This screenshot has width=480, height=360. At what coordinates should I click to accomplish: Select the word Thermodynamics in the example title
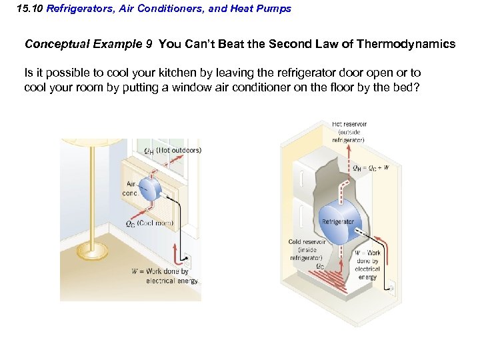pyautogui.click(x=406, y=45)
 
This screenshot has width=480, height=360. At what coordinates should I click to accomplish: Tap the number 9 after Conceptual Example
pyautogui.click(x=148, y=45)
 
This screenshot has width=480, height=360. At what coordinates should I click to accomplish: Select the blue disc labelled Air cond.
pyautogui.click(x=149, y=188)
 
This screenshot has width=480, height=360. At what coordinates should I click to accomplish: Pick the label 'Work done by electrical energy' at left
pyautogui.click(x=167, y=276)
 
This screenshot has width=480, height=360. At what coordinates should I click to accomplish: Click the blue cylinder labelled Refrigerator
pyautogui.click(x=339, y=221)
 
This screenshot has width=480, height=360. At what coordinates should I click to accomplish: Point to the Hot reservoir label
pyautogui.click(x=349, y=132)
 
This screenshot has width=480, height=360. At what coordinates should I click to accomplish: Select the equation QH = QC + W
pyautogui.click(x=371, y=168)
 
